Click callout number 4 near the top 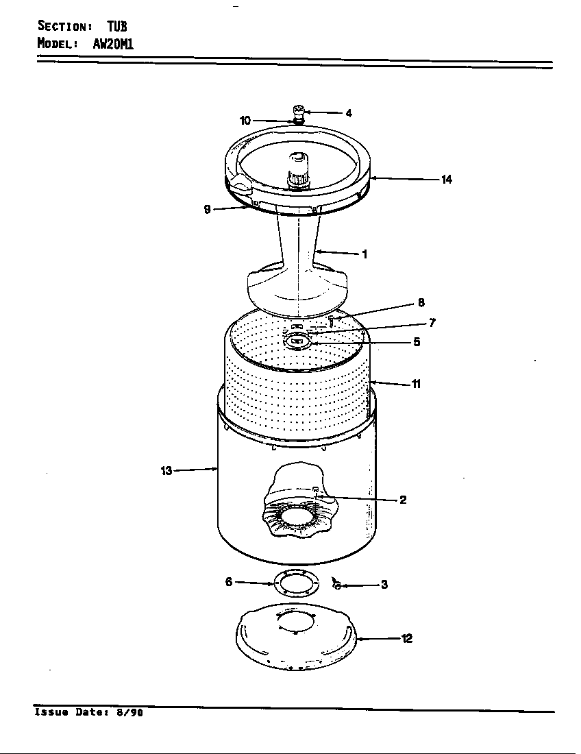[x=349, y=113]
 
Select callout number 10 [x=245, y=121]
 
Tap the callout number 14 [x=446, y=180]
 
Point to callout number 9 [x=207, y=210]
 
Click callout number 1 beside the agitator [x=364, y=254]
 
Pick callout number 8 [x=421, y=303]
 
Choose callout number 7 [x=432, y=323]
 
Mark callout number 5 [x=417, y=342]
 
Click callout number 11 [x=416, y=384]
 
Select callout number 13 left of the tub [x=166, y=471]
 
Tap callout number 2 [x=403, y=500]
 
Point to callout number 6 [x=229, y=582]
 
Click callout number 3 [x=384, y=585]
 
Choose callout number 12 [x=406, y=639]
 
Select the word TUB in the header [x=116, y=26]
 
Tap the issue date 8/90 [x=129, y=712]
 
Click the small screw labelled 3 [x=336, y=583]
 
